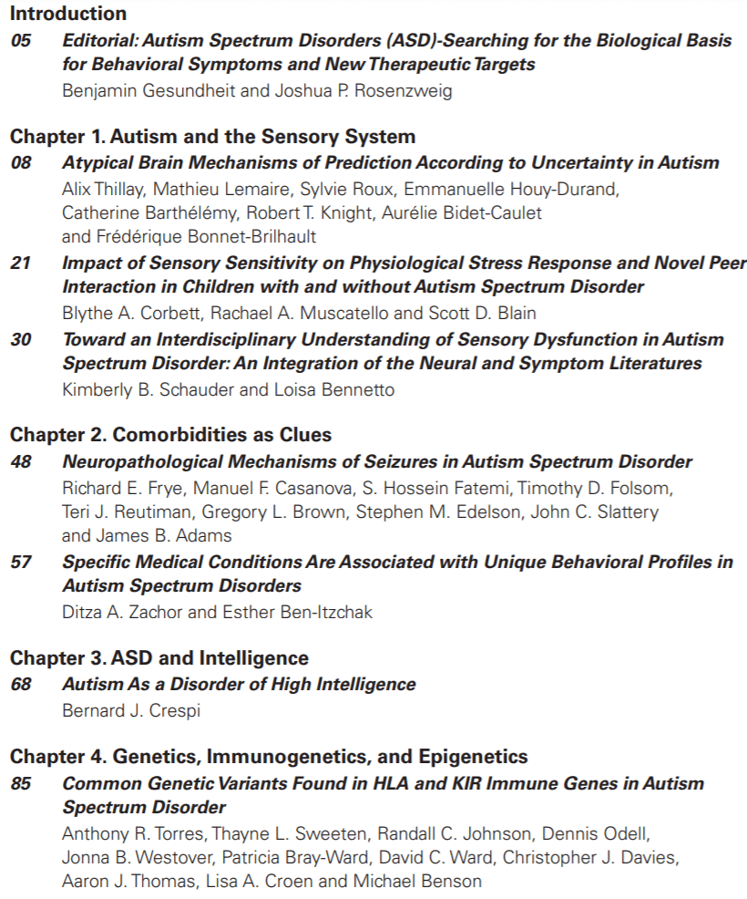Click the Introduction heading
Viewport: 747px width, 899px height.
[68, 14]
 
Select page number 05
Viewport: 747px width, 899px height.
[20, 40]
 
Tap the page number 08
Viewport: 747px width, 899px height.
[20, 163]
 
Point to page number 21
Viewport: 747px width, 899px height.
[20, 263]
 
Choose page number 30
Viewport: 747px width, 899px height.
[20, 339]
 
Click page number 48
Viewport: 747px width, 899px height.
[20, 461]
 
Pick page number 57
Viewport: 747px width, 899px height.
[20, 562]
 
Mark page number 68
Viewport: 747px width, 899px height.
[20, 684]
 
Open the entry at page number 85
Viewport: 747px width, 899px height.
[20, 783]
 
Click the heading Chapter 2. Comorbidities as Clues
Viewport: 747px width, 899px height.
[171, 435]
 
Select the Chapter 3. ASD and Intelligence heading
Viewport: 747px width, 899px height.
[159, 657]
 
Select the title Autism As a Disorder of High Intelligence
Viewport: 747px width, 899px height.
[239, 684]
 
